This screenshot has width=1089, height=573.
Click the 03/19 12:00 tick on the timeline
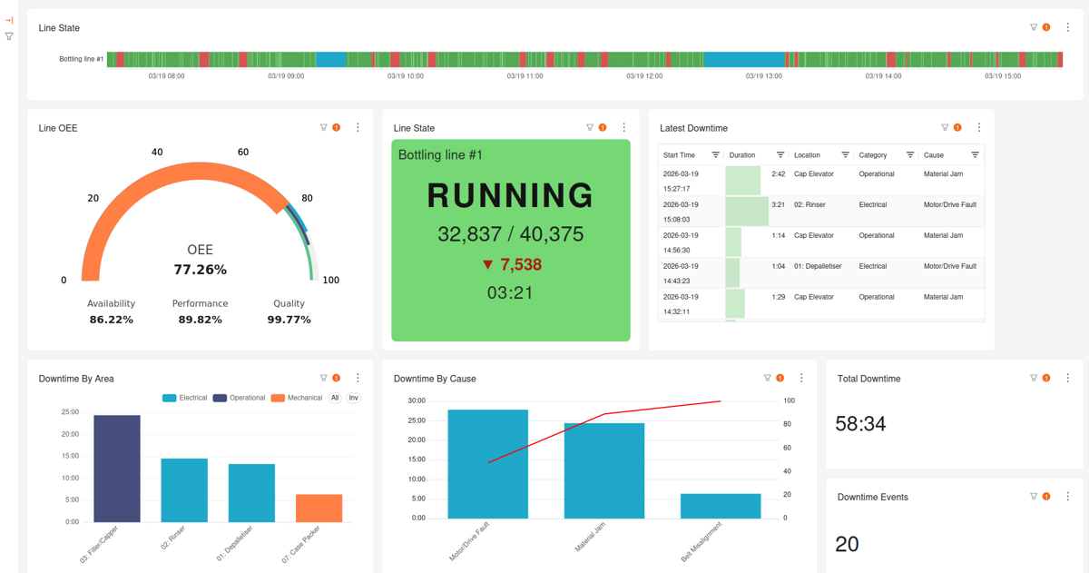pos(644,76)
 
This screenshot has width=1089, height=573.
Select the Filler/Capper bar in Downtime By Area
pos(117,469)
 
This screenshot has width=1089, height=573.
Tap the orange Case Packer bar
pos(319,508)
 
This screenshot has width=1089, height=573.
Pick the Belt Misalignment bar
pos(721,506)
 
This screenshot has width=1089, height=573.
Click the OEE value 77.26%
pos(200,270)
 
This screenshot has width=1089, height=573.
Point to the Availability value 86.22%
pos(111,320)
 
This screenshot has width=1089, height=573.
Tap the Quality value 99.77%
pos(289,320)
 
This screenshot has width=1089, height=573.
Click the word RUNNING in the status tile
pos(510,196)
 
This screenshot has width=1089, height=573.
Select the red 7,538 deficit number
pos(520,265)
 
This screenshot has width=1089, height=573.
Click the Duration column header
pos(742,155)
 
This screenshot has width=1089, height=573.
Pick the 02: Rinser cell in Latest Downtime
pos(809,205)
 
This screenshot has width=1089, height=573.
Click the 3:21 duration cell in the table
pos(778,205)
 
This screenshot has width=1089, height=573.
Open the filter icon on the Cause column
pos(975,155)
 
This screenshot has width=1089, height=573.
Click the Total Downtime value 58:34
pos(860,424)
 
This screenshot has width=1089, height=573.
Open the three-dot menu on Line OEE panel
pos(358,128)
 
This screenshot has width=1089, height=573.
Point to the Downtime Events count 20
pos(847,544)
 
